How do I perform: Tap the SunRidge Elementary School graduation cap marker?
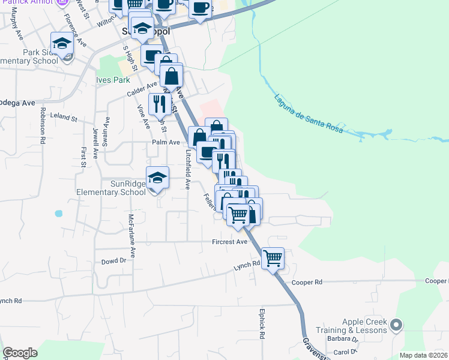tap(157, 178)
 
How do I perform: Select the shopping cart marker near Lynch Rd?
tap(273, 259)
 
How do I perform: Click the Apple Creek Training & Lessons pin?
tap(396, 325)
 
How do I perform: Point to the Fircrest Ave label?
tap(229, 242)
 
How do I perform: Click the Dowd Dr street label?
tap(113, 260)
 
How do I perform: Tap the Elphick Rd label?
tap(262, 325)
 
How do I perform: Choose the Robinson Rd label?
tap(43, 125)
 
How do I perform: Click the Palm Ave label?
tap(166, 142)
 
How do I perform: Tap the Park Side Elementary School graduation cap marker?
tap(61, 44)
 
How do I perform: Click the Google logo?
tap(20, 353)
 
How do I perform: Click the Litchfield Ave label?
tap(188, 170)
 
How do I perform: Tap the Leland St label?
tap(64, 118)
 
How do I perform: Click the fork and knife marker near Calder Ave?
tap(160, 104)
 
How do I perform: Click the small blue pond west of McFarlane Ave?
tap(59, 213)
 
